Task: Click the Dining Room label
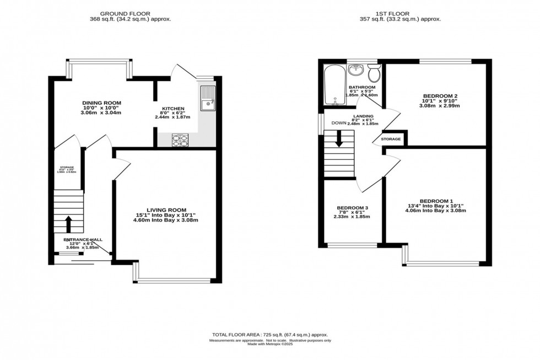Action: coord(101,103)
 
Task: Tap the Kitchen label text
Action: coord(173,109)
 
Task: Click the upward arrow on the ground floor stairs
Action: coord(68,223)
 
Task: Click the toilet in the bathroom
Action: coord(375,73)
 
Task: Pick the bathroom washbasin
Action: coord(357,71)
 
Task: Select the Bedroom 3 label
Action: coord(353,208)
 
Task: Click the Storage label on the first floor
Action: coord(391,139)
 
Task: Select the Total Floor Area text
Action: coord(269,335)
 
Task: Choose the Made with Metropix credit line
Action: coord(270,345)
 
